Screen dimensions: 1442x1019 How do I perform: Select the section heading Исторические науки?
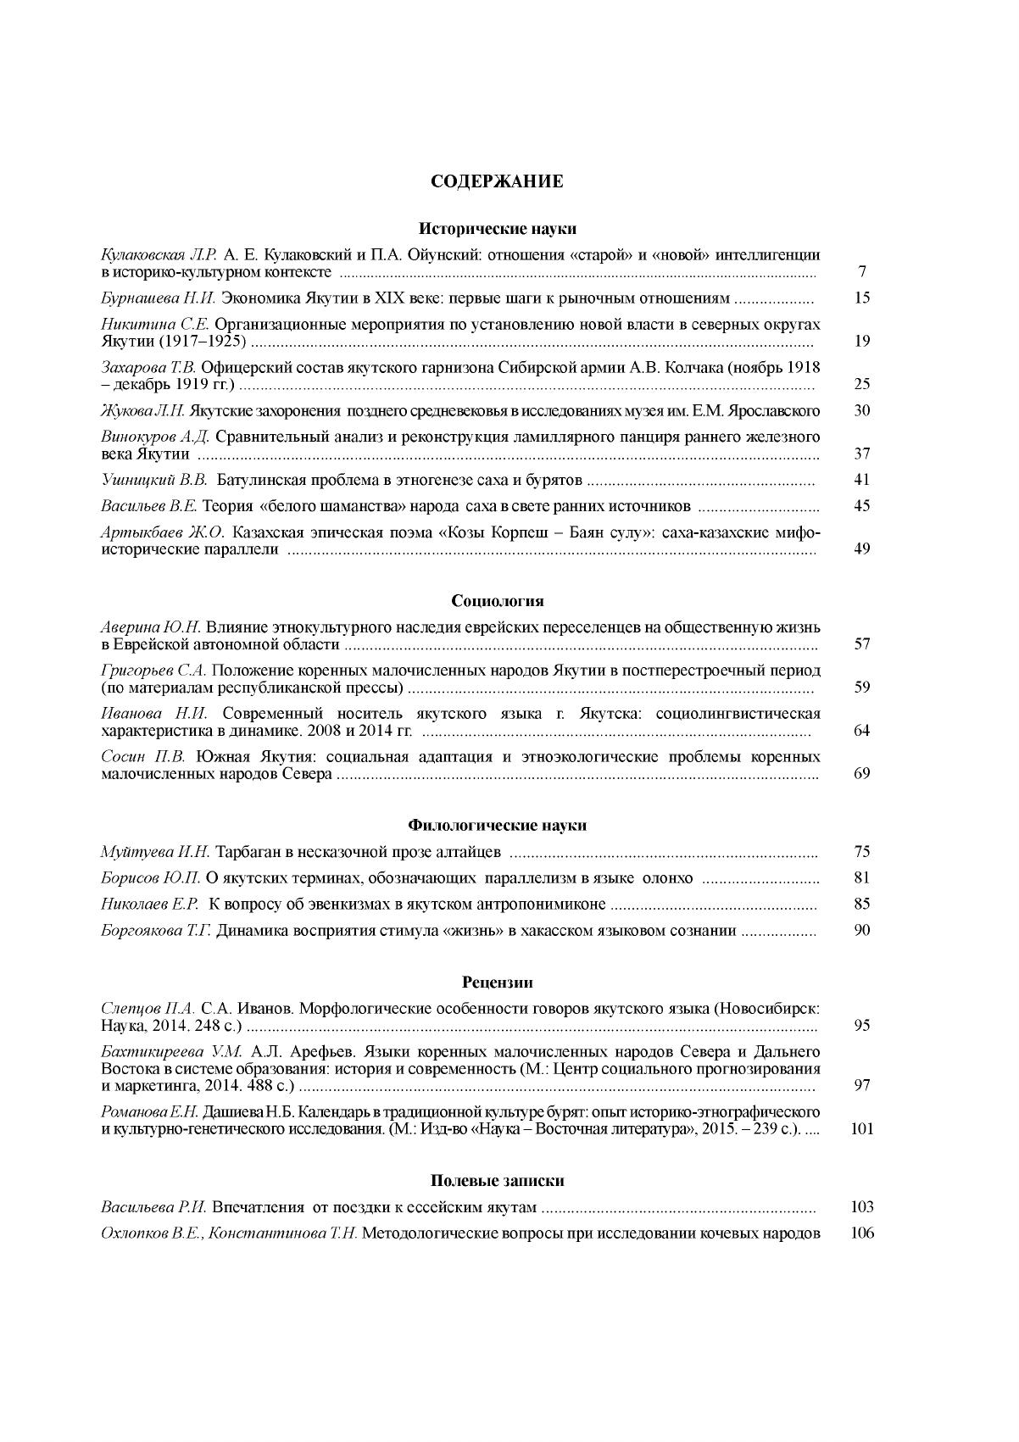[498, 228]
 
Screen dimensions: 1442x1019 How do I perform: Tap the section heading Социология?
[497, 601]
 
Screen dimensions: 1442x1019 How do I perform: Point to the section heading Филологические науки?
[497, 825]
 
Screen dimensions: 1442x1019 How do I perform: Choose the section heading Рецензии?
[498, 983]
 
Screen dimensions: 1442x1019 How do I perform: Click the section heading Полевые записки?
[497, 1181]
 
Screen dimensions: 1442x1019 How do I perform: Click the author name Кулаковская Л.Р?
[159, 254]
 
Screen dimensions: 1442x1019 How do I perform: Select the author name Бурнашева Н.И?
[151, 298]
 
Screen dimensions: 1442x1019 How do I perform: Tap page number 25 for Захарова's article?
[862, 384]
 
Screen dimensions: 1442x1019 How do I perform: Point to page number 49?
[862, 548]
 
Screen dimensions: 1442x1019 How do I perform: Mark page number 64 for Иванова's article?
[862, 731]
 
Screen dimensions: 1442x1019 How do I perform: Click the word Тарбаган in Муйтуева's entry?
[246, 852]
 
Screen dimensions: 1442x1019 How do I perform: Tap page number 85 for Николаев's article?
[862, 905]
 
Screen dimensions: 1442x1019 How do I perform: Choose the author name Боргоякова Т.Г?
[155, 931]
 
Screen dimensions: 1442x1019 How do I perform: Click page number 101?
[861, 1129]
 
